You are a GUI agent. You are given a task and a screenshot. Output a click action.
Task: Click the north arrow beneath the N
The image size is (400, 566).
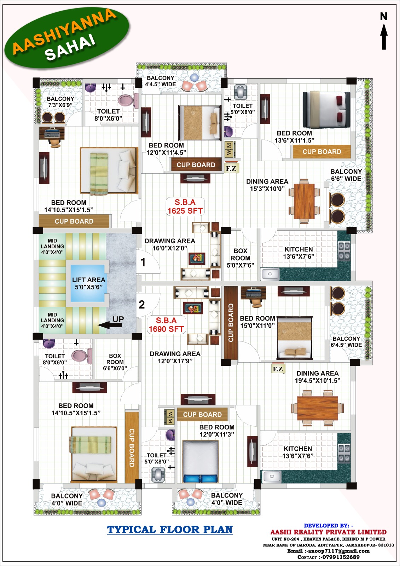pos(384,37)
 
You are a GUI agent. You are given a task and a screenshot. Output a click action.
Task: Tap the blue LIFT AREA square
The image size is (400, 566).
pos(87,283)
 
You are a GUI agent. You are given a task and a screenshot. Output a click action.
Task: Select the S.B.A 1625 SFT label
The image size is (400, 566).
pos(185,207)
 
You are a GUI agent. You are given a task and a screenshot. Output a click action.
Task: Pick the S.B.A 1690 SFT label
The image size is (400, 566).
pos(166,325)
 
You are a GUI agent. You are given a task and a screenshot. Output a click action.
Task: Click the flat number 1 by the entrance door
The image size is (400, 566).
pos(143,262)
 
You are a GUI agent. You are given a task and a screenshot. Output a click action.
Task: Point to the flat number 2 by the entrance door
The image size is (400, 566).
pos(142,305)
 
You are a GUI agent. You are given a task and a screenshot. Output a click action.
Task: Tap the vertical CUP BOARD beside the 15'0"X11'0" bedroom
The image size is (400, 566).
pos(231,323)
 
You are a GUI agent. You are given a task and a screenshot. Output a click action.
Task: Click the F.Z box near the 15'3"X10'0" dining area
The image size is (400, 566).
pos(231,168)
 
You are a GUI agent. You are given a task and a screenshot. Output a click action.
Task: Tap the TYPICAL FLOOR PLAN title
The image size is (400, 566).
pos(169,530)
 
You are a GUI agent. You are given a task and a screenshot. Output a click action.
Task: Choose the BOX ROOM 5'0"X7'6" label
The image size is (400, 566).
pos(240,258)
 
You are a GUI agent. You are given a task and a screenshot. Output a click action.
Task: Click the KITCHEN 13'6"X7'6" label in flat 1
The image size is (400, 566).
pos(298,253)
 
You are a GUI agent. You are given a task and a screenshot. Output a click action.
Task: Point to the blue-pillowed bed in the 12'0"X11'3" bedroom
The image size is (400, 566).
pos(201,461)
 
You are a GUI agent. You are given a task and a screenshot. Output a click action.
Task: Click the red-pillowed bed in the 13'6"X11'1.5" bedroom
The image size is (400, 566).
pos(326,110)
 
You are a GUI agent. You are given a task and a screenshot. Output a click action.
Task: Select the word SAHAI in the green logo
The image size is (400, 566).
pos(70,48)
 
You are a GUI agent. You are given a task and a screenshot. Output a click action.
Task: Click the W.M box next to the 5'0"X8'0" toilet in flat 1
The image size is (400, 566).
pos(229,149)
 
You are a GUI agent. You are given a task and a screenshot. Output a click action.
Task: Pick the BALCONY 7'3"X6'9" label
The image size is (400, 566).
pos(60,102)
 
